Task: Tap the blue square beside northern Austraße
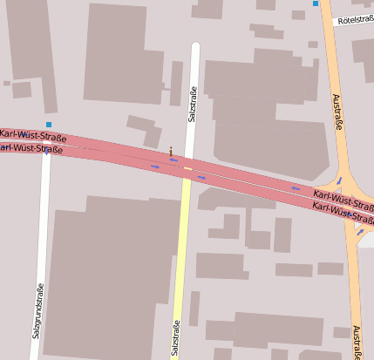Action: tap(316, 4)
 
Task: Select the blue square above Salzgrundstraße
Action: tap(49, 126)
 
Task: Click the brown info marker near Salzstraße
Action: tap(171, 151)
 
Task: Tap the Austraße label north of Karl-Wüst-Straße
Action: tap(337, 112)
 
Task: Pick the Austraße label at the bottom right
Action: tap(357, 342)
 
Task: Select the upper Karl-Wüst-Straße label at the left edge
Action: tap(33, 135)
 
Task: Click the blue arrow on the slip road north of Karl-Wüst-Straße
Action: tap(338, 180)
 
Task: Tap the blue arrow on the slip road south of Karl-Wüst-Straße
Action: tap(360, 232)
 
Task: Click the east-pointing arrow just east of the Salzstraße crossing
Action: tap(201, 178)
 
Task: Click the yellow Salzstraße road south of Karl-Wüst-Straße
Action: tap(181, 262)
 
